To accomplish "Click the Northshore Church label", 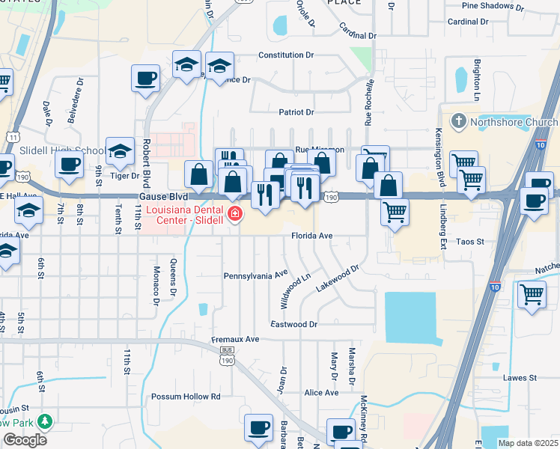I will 512,122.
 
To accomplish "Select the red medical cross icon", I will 235,215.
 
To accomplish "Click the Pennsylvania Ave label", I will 256,275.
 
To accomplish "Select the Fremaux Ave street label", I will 234,339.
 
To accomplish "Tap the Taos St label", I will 471,242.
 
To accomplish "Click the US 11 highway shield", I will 11,137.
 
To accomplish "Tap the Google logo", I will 25,440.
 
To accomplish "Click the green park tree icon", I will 45,422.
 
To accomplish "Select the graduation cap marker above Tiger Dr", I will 119,152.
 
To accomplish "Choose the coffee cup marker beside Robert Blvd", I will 145,78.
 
